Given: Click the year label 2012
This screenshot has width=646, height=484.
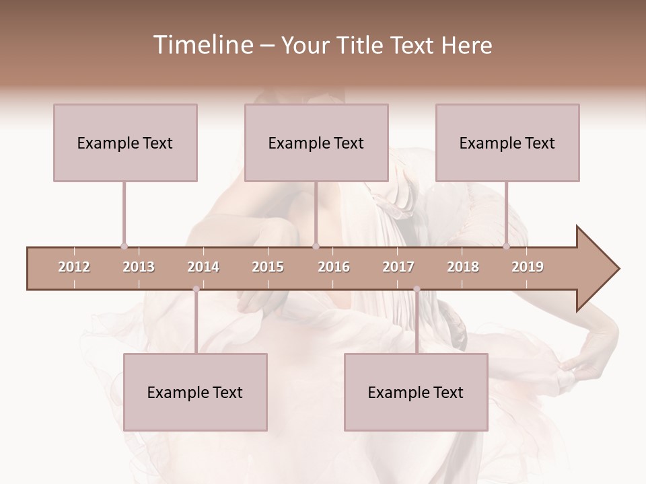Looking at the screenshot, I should (74, 267).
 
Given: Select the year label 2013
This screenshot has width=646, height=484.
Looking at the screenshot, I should (139, 267).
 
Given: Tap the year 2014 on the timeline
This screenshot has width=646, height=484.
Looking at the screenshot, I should (203, 267).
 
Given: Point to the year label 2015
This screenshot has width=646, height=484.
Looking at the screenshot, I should (268, 267).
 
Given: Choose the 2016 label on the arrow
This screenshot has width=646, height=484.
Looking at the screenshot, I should (334, 267).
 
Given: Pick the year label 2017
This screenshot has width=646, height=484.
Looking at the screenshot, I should (398, 267).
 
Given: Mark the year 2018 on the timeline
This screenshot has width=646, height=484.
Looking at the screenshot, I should (463, 267).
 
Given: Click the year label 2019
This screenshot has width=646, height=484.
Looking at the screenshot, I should (528, 267).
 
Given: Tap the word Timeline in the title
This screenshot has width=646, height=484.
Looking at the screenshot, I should (202, 45).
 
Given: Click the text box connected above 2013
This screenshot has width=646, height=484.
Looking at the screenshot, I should (125, 143).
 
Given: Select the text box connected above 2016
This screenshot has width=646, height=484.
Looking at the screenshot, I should (316, 143).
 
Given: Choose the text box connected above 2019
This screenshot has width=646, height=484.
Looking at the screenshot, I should (507, 143).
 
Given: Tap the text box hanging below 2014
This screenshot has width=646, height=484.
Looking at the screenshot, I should (195, 392).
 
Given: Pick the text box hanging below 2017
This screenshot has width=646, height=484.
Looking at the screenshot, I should (416, 392).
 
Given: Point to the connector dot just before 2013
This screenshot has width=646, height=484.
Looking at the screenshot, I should (124, 246).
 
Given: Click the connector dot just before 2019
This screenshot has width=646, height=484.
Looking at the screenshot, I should (507, 246).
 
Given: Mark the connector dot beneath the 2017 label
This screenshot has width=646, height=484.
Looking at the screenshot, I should (417, 289).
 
